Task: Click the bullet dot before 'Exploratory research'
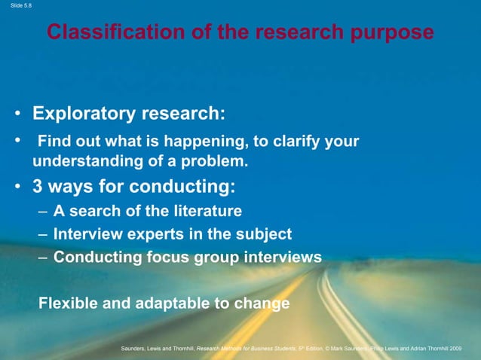(x=16, y=114)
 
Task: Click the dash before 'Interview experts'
(x=43, y=233)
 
